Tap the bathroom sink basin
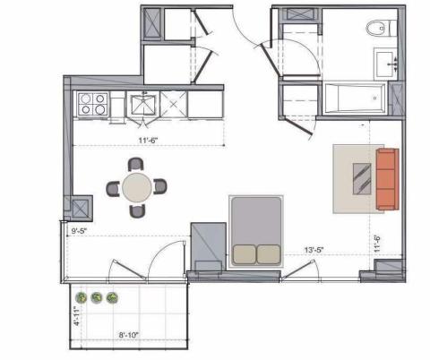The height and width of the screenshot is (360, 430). pyautogui.click(x=385, y=64)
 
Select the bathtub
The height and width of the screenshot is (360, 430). pyautogui.click(x=356, y=99)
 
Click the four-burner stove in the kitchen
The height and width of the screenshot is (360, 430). pyautogui.click(x=92, y=104)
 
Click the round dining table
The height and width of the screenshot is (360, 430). pyautogui.click(x=137, y=188)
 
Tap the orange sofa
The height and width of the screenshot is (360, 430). pyautogui.click(x=388, y=179)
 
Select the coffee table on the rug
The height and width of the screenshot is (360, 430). pyautogui.click(x=362, y=179)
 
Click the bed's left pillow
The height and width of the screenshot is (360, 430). pyautogui.click(x=244, y=254)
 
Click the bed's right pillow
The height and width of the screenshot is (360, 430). pyautogui.click(x=269, y=254)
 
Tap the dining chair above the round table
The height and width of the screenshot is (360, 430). pyautogui.click(x=136, y=165)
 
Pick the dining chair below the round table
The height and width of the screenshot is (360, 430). pyautogui.click(x=138, y=210)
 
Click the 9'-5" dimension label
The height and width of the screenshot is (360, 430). pyautogui.click(x=79, y=231)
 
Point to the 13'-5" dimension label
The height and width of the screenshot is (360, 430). pyautogui.click(x=314, y=250)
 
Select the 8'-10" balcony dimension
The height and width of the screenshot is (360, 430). pyautogui.click(x=129, y=335)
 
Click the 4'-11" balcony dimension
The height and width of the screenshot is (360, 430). pyautogui.click(x=78, y=315)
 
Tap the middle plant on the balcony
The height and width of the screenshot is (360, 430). pyautogui.click(x=97, y=297)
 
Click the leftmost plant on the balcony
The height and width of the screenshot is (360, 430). pyautogui.click(x=82, y=297)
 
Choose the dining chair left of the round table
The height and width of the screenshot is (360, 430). pyautogui.click(x=113, y=189)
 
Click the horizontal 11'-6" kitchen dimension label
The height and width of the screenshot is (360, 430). pyautogui.click(x=148, y=141)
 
